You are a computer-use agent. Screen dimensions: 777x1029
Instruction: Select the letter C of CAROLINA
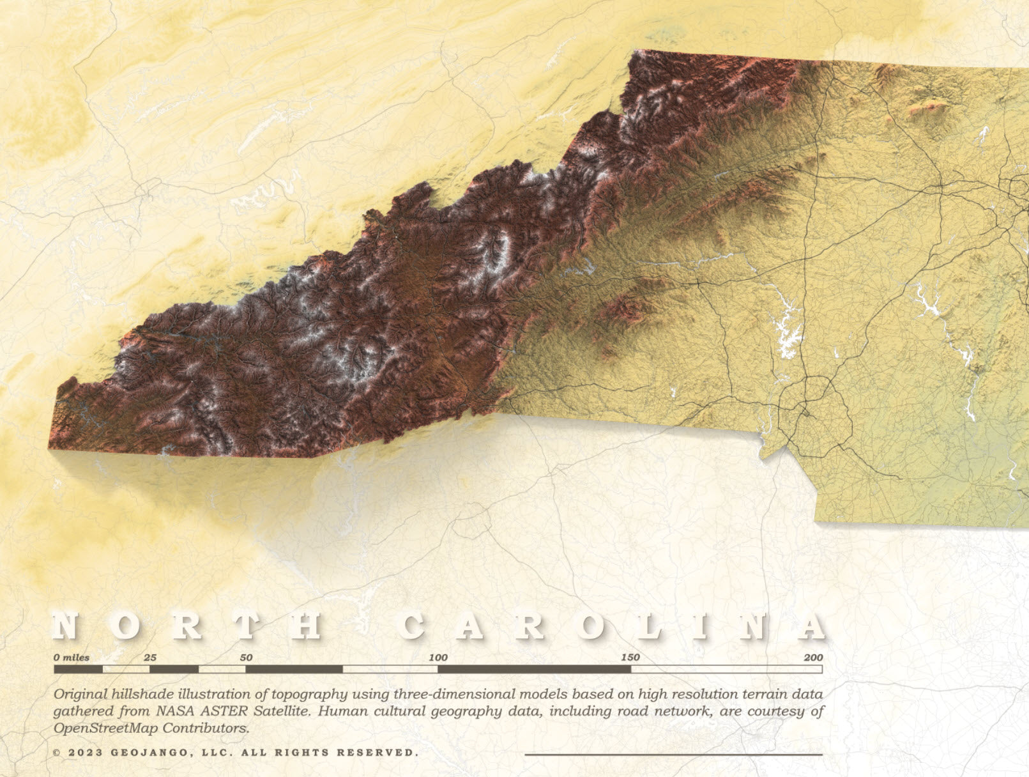pyautogui.click(x=413, y=626)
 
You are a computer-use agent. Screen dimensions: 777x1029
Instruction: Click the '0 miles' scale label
pyautogui.click(x=72, y=658)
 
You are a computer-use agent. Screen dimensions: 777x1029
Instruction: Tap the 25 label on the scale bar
pyautogui.click(x=150, y=658)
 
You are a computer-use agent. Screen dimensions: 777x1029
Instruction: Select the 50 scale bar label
pyautogui.click(x=246, y=658)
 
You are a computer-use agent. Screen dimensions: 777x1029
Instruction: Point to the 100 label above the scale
pyautogui.click(x=438, y=658)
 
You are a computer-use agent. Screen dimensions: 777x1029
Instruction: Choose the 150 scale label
pyautogui.click(x=630, y=658)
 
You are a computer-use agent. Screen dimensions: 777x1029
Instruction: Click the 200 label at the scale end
pyautogui.click(x=813, y=658)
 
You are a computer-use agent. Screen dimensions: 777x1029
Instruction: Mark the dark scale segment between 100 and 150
pyautogui.click(x=534, y=670)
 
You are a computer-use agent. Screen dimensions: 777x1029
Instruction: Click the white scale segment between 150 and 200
pyautogui.click(x=726, y=670)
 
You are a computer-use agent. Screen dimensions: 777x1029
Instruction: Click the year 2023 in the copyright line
pyautogui.click(x=85, y=753)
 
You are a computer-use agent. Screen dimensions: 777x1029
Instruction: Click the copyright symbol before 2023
pyautogui.click(x=57, y=753)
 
